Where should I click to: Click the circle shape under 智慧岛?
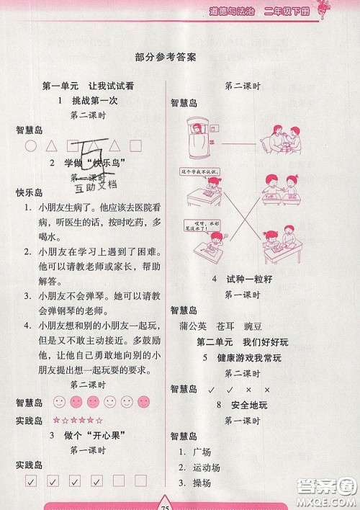pos(30,146)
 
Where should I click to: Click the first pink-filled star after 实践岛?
pos(55,420)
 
